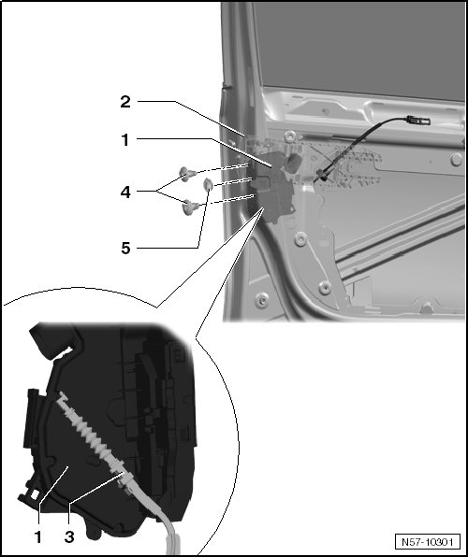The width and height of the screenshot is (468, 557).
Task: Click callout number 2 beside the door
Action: pyautogui.click(x=125, y=102)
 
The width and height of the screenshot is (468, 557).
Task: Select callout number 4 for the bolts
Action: pyautogui.click(x=125, y=193)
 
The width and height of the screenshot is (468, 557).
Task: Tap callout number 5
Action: pyautogui.click(x=125, y=248)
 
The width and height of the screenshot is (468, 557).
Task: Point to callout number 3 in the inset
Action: pyautogui.click(x=69, y=536)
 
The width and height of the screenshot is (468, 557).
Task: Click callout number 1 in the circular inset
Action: pyautogui.click(x=37, y=536)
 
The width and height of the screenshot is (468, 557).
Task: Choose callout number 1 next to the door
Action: pyautogui.click(x=124, y=140)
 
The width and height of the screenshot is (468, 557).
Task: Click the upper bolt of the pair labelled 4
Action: pyautogui.click(x=187, y=174)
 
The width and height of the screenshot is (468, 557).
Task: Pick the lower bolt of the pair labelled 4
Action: pyautogui.click(x=190, y=207)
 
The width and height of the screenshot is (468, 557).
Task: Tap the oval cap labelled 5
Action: pyautogui.click(x=208, y=185)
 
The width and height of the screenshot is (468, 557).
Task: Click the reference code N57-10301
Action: pyautogui.click(x=427, y=542)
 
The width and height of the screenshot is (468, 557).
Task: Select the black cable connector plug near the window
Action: pyautogui.click(x=418, y=120)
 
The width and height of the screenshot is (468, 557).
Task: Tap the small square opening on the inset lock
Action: pyautogui.click(x=35, y=494)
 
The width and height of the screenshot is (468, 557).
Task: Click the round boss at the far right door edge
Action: pyautogui.click(x=456, y=160)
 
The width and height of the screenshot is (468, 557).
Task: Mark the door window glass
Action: pyautogui.click(x=358, y=50)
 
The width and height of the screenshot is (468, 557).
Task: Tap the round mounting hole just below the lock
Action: pyautogui.click(x=300, y=239)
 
